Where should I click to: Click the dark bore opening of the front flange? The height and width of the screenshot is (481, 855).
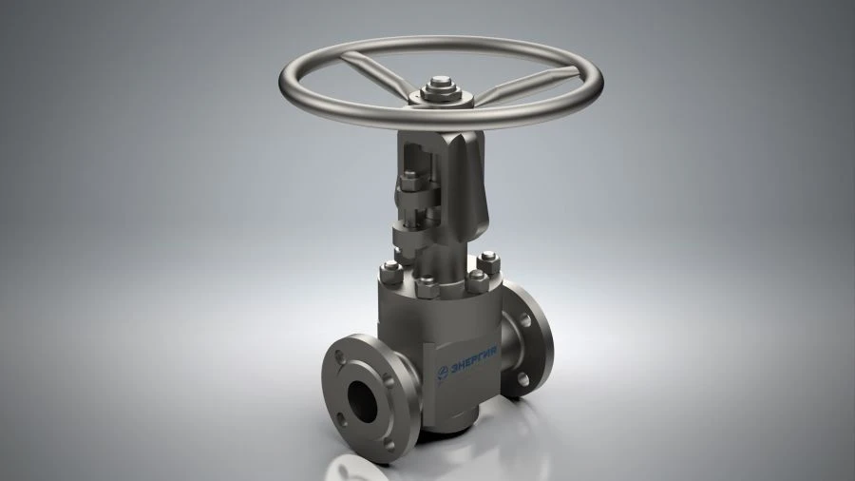coord(364,398)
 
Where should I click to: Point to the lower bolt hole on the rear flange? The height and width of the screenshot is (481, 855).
coord(522,380)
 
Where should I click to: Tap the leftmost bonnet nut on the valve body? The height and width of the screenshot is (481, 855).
coord(390,271)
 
